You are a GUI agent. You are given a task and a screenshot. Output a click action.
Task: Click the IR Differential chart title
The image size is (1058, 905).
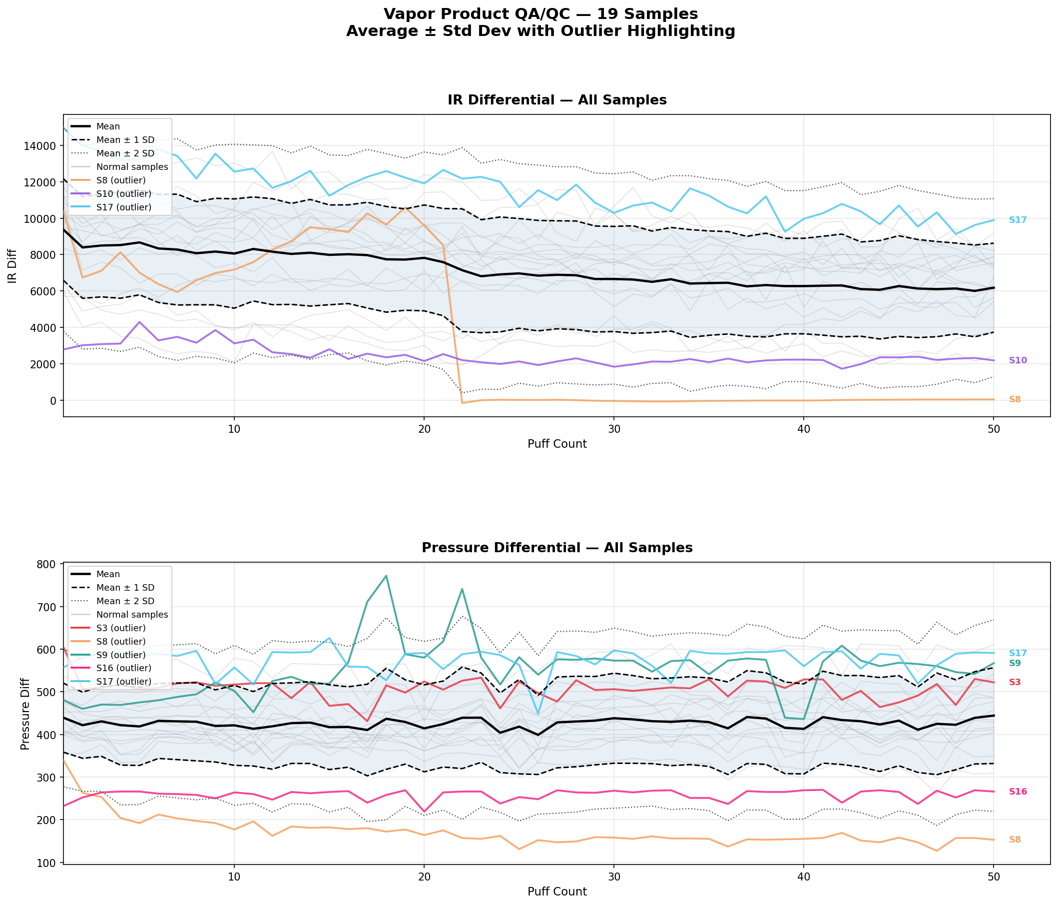pyautogui.click(x=556, y=100)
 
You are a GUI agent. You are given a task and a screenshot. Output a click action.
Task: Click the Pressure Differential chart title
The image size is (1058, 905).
pyautogui.click(x=556, y=548)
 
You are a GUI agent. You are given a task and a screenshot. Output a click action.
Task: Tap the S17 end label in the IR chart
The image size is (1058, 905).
pyautogui.click(x=1018, y=220)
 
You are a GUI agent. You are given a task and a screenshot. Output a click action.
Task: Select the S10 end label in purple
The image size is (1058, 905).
pyautogui.click(x=1018, y=361)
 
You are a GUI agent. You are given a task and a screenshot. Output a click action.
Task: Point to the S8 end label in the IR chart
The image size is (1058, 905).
pyautogui.click(x=1015, y=399)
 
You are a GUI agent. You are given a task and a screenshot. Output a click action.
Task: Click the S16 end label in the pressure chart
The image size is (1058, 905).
pyautogui.click(x=1018, y=792)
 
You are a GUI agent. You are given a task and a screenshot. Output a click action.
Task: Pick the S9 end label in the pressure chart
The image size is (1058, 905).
pyautogui.click(x=1015, y=664)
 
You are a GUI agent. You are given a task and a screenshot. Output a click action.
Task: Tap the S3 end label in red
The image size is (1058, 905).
pyautogui.click(x=1015, y=682)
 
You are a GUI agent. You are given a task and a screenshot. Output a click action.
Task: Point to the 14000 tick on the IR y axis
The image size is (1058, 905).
pyautogui.click(x=40, y=146)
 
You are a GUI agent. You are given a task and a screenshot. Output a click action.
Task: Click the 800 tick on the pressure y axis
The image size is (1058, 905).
pyautogui.click(x=47, y=564)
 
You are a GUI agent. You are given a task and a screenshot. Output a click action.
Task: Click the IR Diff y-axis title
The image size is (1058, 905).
pyautogui.click(x=12, y=265)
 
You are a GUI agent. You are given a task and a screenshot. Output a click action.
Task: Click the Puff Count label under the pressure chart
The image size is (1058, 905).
pyautogui.click(x=556, y=892)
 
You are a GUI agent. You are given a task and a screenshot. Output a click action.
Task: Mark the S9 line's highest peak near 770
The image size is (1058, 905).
pyautogui.click(x=386, y=576)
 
